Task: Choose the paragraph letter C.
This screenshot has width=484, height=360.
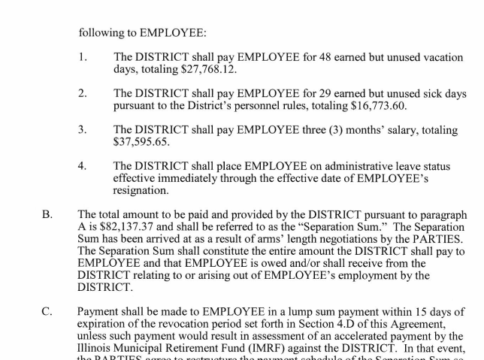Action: point(47,311)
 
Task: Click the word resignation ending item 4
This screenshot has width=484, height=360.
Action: point(144,190)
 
